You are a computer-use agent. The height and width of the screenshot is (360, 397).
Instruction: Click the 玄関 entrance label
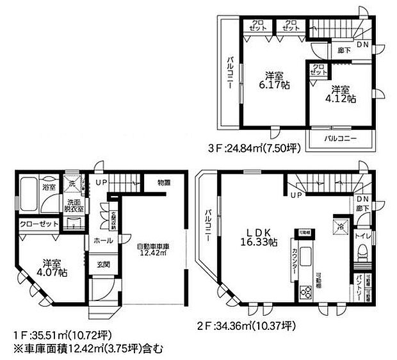(x=103, y=263)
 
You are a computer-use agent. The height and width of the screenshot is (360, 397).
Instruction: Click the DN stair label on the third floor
(x=362, y=44)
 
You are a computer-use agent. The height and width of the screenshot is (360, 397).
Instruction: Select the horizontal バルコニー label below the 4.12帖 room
(x=339, y=138)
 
